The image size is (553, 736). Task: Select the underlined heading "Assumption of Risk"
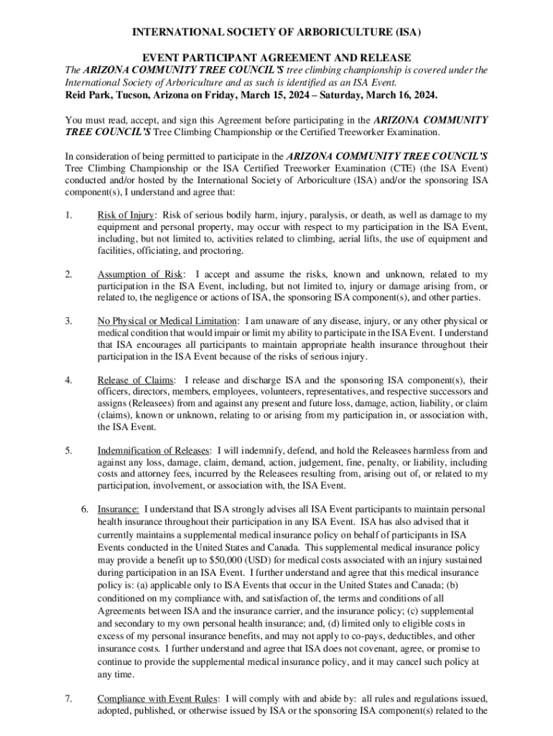pyautogui.click(x=140, y=275)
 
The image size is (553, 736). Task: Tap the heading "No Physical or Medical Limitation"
pyautogui.click(x=167, y=321)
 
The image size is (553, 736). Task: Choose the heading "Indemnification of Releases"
pyautogui.click(x=154, y=451)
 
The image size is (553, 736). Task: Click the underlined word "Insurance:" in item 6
pyautogui.click(x=118, y=509)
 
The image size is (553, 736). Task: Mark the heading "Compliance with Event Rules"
pyautogui.click(x=158, y=698)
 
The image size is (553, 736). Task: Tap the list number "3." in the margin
pyautogui.click(x=68, y=321)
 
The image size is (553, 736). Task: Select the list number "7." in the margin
pyautogui.click(x=68, y=698)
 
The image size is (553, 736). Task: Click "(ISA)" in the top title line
pyautogui.click(x=406, y=33)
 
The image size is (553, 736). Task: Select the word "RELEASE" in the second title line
pyautogui.click(x=386, y=57)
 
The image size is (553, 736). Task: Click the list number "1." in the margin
pyautogui.click(x=68, y=216)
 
